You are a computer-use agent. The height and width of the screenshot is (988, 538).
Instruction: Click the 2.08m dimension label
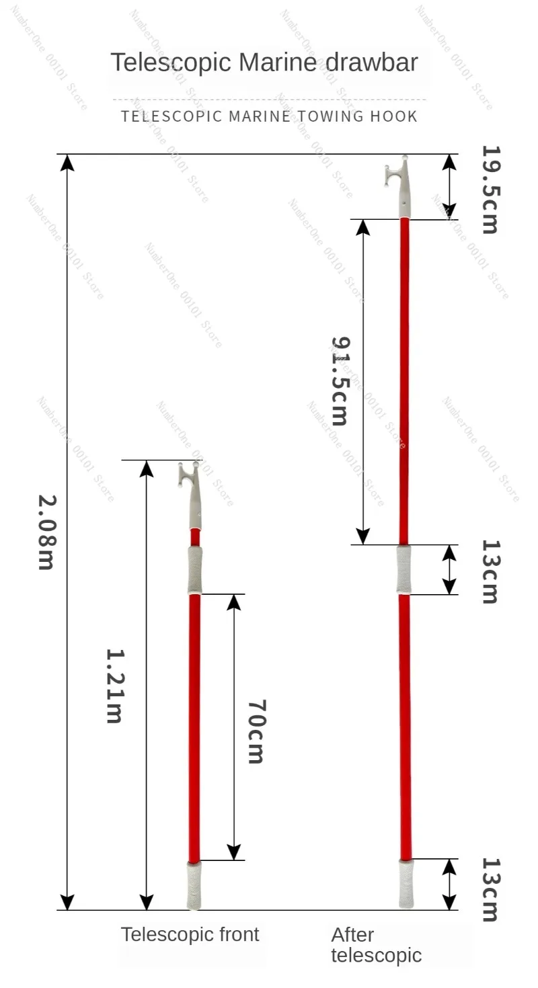pyautogui.click(x=48, y=532)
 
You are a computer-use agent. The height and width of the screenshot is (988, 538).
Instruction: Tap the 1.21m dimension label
pyautogui.click(x=115, y=686)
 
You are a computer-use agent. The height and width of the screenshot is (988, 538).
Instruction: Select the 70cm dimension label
pyautogui.click(x=256, y=731)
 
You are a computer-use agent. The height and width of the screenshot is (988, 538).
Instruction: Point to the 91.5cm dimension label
pyautogui.click(x=340, y=381)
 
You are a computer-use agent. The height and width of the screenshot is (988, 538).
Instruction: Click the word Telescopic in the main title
pyautogui.click(x=171, y=63)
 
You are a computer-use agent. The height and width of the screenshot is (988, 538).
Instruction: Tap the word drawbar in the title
pyautogui.click(x=372, y=62)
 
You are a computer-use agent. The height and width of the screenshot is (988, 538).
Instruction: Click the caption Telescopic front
pyautogui.click(x=190, y=934)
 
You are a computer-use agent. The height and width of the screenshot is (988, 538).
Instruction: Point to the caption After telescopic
pyautogui.click(x=377, y=945)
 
